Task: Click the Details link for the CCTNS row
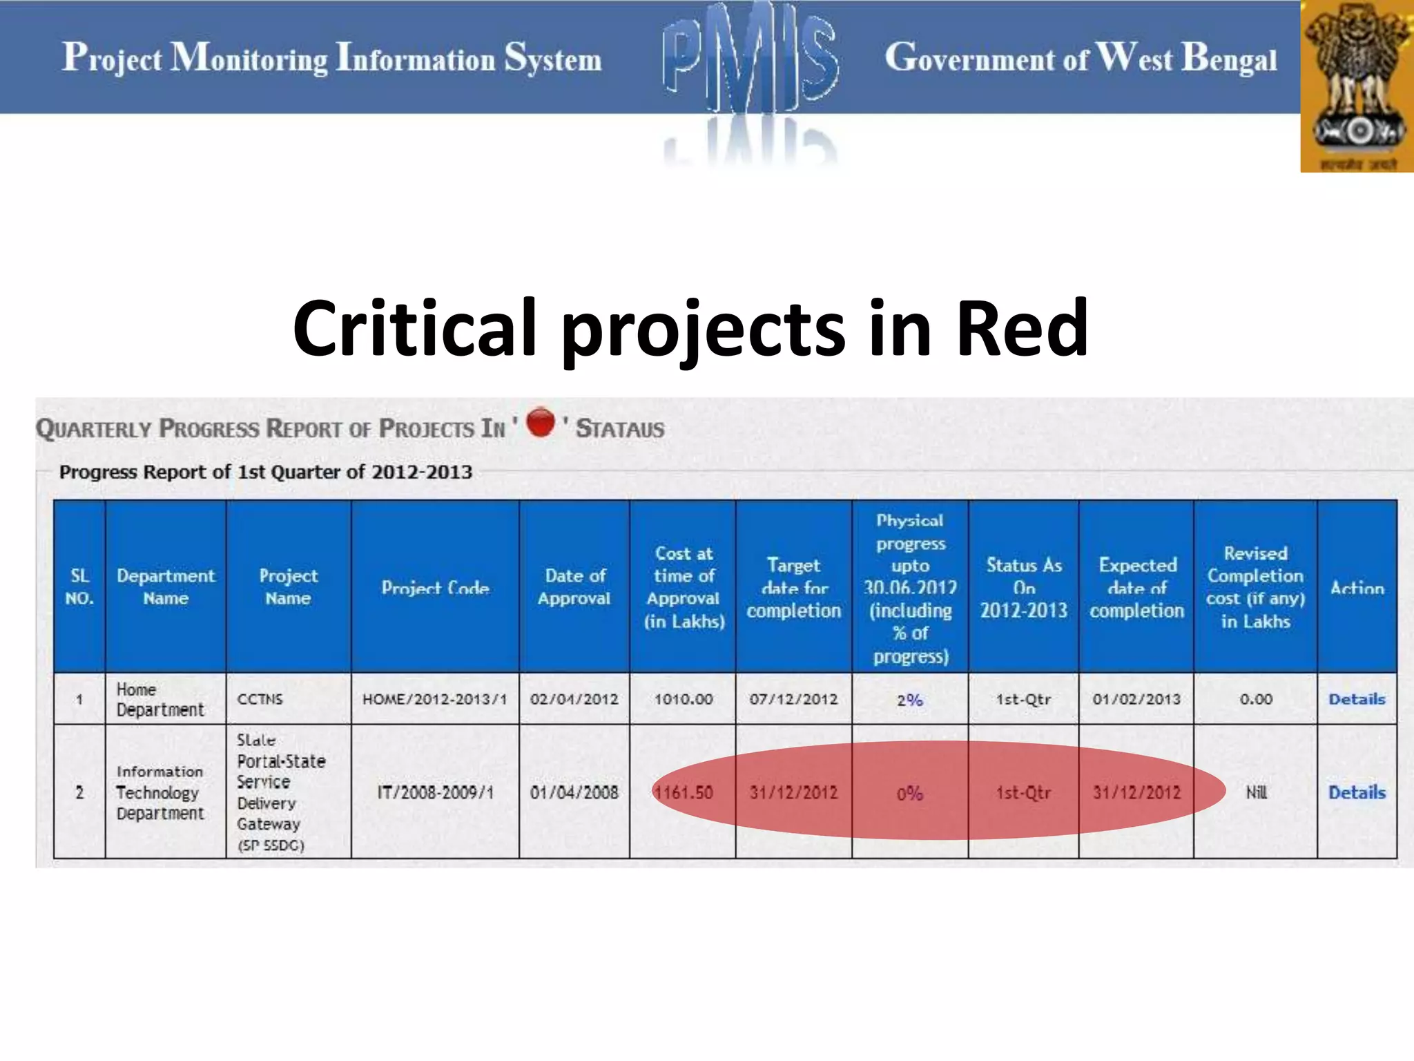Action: click(1356, 699)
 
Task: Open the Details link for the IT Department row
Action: click(1356, 792)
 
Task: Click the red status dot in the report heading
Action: click(540, 423)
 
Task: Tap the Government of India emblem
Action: click(1357, 86)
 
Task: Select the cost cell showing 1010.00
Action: click(683, 699)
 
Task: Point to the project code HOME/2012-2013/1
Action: click(434, 699)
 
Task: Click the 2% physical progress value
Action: click(909, 700)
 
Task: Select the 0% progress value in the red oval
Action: click(909, 793)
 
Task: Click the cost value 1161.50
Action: click(683, 792)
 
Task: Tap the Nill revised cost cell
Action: click(1255, 792)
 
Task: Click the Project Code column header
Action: click(435, 588)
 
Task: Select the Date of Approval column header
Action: click(574, 586)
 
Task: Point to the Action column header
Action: click(1357, 588)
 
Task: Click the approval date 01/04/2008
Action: click(574, 792)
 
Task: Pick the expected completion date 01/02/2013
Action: click(1136, 699)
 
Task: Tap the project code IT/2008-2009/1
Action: click(435, 792)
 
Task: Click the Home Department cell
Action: click(159, 699)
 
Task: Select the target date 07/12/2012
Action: click(793, 699)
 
